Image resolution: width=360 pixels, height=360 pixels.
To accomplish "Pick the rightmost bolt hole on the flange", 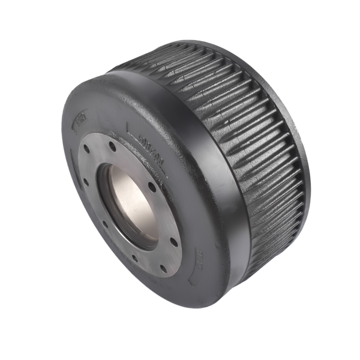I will click(174, 242).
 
